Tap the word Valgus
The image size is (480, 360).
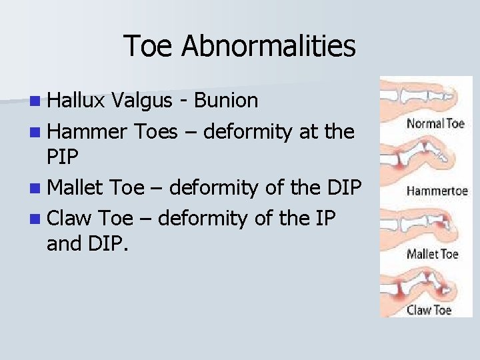click(x=141, y=101)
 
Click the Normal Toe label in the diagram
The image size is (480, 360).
click(x=435, y=123)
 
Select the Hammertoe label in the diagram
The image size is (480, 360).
click(x=437, y=191)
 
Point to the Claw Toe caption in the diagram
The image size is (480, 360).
click(x=429, y=309)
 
